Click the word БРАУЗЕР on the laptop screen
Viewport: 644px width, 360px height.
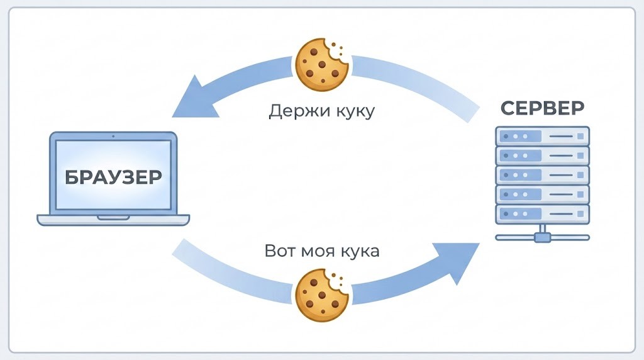[x=113, y=176]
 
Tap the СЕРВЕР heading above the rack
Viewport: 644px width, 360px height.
[x=542, y=107]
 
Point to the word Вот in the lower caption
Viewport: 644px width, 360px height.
[x=279, y=251]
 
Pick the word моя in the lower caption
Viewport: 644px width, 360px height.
[x=317, y=252]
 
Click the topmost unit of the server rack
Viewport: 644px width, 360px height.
[x=542, y=136]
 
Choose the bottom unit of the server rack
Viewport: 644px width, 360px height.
[x=542, y=214]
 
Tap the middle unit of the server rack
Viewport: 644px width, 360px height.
[x=542, y=175]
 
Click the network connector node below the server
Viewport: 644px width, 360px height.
[x=542, y=237]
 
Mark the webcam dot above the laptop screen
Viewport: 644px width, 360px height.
[x=113, y=136]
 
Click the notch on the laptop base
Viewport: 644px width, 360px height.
[x=113, y=217]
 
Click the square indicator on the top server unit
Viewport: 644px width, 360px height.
[x=580, y=136]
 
